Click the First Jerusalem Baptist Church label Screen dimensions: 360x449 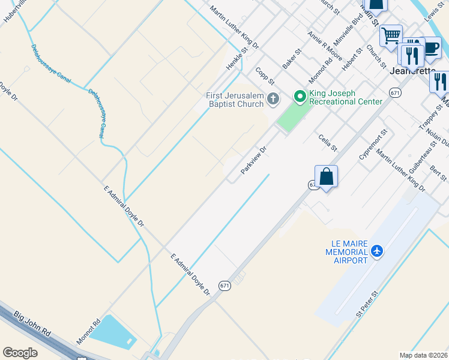(x=235, y=100)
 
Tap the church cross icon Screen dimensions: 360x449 (x=273, y=98)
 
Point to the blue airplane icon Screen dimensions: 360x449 (x=377, y=250)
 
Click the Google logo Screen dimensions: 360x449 (x=20, y=353)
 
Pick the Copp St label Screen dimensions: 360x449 (x=264, y=76)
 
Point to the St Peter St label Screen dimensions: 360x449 (x=367, y=304)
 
